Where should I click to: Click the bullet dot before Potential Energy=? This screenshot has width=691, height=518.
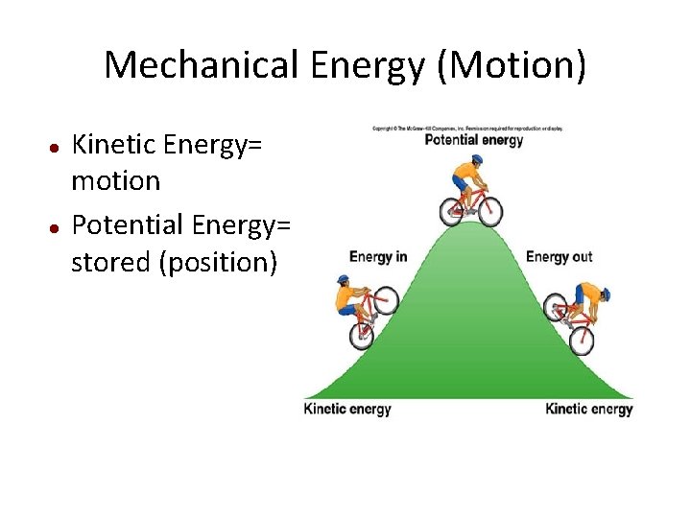coord(56,227)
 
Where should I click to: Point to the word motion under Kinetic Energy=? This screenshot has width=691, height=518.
coord(115,181)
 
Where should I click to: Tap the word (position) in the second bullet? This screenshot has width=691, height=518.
coord(221,261)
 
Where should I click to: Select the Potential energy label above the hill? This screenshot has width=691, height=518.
coord(474,140)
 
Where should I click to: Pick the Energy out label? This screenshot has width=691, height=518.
coord(560,257)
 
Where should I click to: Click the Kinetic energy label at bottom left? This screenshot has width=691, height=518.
coord(347,410)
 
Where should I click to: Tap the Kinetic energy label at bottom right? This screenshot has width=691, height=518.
coord(589,410)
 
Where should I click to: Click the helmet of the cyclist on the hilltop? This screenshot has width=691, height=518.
coord(477,160)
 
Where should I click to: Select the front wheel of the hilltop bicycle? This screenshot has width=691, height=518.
coord(489,212)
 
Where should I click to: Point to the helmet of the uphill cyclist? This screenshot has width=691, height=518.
coord(344,280)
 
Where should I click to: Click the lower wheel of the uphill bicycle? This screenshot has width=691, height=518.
coord(362,335)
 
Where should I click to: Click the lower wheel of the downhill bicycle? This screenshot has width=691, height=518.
coord(581,341)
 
